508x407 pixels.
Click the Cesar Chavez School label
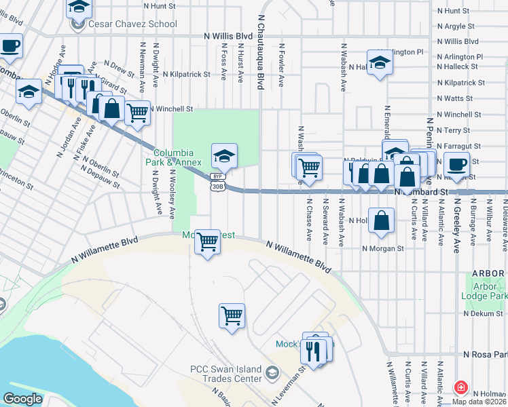[132, 24]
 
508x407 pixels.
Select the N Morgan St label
[383, 248]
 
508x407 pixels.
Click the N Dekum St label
[485, 313]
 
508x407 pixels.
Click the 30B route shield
[217, 186]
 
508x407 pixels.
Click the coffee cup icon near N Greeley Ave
[456, 164]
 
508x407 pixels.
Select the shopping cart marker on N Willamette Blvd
[207, 241]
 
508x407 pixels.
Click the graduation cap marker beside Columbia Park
[224, 156]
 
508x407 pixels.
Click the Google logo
[23, 399]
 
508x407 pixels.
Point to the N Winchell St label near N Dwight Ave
[171, 109]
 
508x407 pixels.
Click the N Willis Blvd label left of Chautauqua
[228, 35]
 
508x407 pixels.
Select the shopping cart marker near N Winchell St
[137, 113]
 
